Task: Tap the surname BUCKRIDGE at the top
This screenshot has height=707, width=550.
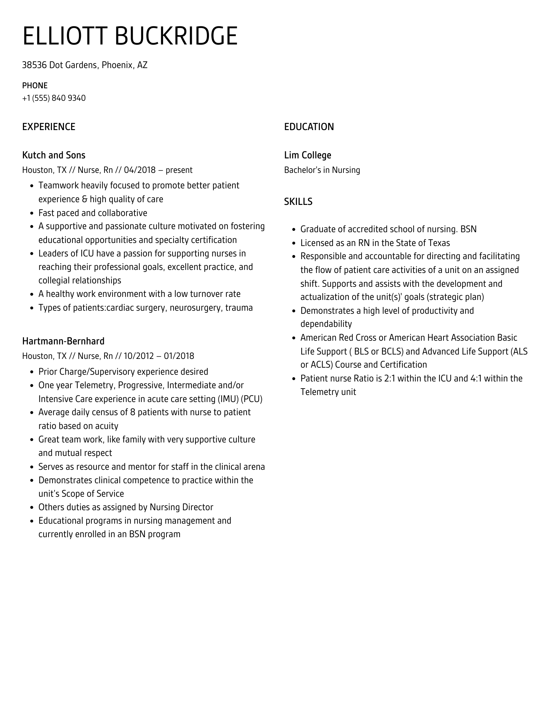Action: [x=176, y=36]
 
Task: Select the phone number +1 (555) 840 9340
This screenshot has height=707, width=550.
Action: [x=54, y=98]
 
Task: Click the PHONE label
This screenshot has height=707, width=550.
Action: [x=35, y=86]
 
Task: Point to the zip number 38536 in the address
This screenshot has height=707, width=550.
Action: [x=34, y=65]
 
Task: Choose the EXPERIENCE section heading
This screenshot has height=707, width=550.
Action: [x=49, y=127]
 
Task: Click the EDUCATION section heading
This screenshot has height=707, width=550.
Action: [x=309, y=127]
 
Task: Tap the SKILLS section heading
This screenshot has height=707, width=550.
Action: [x=298, y=202]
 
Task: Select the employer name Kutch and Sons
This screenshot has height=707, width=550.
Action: [x=54, y=155]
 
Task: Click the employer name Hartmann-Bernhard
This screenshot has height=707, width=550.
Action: [x=63, y=341]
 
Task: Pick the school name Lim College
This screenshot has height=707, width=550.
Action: [x=307, y=155]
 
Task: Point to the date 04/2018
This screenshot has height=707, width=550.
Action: [x=140, y=170]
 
